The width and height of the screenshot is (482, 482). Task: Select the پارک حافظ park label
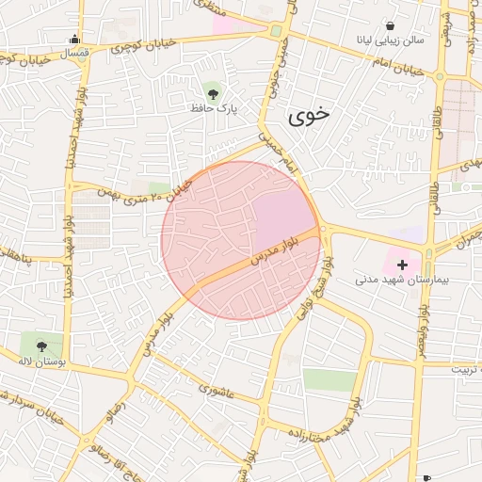coord(213,109)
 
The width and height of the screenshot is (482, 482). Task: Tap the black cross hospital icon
coord(404,265)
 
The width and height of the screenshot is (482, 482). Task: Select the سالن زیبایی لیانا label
coord(385,40)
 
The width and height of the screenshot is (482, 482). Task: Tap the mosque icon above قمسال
coord(74,40)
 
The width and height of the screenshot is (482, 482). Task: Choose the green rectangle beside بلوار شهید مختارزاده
coord(329,380)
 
